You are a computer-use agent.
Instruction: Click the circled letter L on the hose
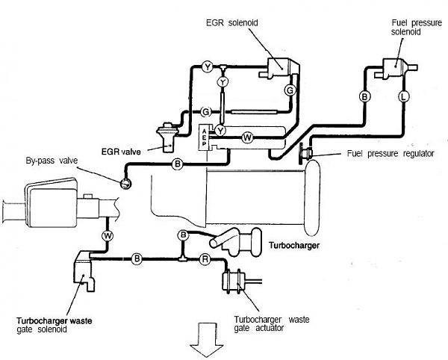click(403, 96)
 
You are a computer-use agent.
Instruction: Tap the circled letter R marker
click(205, 259)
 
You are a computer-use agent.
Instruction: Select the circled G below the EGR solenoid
click(290, 90)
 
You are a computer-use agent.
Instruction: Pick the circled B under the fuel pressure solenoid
click(364, 96)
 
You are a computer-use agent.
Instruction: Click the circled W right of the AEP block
click(247, 137)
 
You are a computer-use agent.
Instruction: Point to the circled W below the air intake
click(108, 236)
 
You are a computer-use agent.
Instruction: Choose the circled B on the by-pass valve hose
click(178, 164)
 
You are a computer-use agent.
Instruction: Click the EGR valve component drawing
click(168, 137)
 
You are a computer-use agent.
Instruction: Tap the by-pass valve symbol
click(125, 183)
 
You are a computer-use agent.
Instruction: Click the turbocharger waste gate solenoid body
click(84, 271)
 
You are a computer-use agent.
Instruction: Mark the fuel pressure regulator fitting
click(305, 153)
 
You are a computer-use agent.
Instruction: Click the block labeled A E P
click(204, 137)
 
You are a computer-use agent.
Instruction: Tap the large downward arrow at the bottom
click(207, 340)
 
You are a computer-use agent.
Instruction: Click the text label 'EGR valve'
click(121, 152)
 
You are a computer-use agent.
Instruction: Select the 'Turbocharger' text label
click(294, 245)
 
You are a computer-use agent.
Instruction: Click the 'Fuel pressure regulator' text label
click(391, 154)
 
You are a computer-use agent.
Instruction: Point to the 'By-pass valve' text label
click(52, 161)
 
